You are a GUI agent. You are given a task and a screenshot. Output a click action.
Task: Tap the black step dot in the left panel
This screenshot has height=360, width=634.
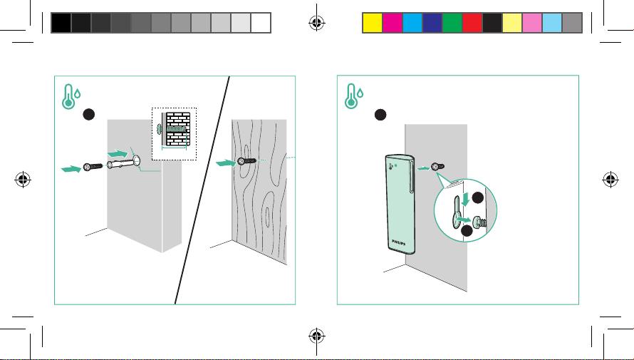point(88,114)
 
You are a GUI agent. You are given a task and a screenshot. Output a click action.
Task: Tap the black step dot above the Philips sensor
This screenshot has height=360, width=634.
point(381,114)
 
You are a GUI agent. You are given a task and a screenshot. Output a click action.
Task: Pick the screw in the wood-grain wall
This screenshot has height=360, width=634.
point(246,163)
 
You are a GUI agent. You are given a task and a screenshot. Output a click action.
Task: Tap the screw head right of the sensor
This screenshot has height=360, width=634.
point(440,167)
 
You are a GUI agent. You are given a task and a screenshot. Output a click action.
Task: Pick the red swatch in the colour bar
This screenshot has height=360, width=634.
point(472,23)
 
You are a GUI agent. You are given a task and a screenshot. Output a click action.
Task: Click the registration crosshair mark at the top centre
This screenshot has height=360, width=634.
point(317,23)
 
